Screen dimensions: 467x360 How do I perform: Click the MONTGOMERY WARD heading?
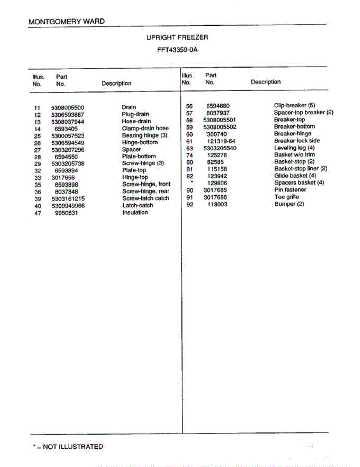coord(67,21)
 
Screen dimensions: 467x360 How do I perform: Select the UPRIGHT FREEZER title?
coord(177,37)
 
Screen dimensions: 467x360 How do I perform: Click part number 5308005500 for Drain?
coord(68,108)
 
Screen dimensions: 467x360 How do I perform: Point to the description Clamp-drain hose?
coord(145,128)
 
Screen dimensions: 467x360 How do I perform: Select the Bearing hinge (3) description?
coord(144,135)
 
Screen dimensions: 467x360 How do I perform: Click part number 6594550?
coord(66,156)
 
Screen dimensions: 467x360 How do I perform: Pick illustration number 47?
coord(38,213)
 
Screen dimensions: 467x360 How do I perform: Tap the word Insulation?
coord(135,212)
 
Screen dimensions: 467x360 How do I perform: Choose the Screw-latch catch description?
coord(146,198)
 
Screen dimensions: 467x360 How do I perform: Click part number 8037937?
coord(218,113)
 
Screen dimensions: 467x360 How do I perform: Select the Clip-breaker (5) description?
coord(294,105)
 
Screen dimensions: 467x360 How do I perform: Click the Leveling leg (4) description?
coord(294,148)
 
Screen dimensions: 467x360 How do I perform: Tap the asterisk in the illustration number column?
coord(192,182)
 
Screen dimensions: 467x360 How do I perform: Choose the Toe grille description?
coord(286,197)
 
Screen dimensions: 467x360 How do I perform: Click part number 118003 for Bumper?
coord(217,204)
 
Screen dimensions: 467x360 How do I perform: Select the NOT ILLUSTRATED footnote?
coord(68,447)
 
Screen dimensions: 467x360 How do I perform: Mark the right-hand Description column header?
coord(265,82)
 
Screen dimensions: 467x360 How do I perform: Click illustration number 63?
coord(190,148)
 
